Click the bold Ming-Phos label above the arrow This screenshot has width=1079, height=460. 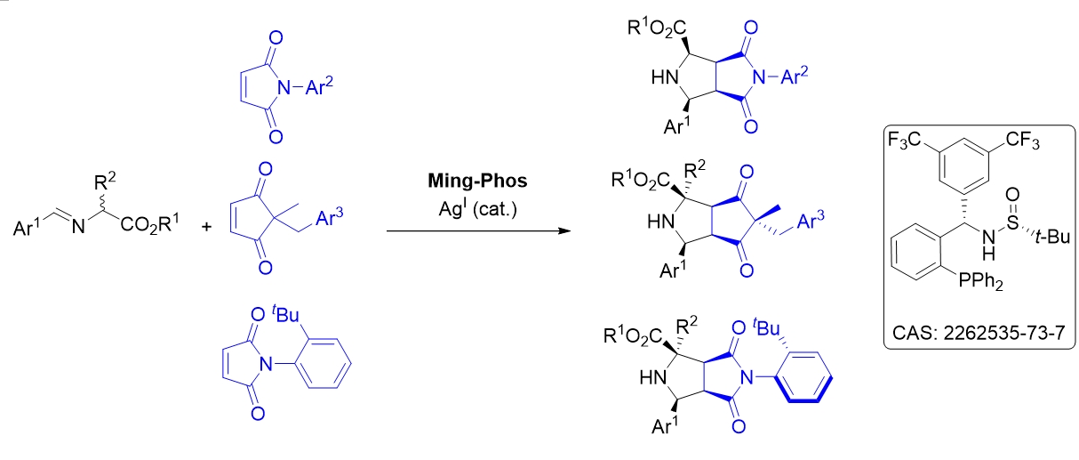[477, 182]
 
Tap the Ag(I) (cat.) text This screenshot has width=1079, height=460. [477, 209]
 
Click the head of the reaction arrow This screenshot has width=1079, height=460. [564, 231]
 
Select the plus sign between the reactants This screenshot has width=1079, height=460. [206, 226]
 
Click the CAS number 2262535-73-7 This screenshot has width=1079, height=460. [978, 333]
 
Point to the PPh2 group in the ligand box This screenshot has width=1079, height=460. [980, 281]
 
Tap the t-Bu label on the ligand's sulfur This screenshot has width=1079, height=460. [1052, 237]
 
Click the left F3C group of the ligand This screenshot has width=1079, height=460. [904, 141]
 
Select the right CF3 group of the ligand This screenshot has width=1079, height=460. [1023, 141]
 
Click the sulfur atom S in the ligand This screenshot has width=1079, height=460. [1012, 222]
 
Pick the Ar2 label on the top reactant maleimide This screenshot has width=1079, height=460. [319, 87]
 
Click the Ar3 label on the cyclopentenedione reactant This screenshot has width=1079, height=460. [330, 217]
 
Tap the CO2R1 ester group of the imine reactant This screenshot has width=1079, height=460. [149, 224]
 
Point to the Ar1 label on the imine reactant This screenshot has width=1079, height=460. [27, 227]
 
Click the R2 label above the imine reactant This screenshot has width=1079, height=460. [105, 182]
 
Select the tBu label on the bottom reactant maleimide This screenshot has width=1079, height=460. [285, 314]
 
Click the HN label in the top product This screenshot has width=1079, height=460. [665, 77]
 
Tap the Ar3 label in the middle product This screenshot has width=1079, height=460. [811, 221]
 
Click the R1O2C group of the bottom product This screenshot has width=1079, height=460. [633, 335]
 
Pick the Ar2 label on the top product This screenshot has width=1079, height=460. [795, 76]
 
